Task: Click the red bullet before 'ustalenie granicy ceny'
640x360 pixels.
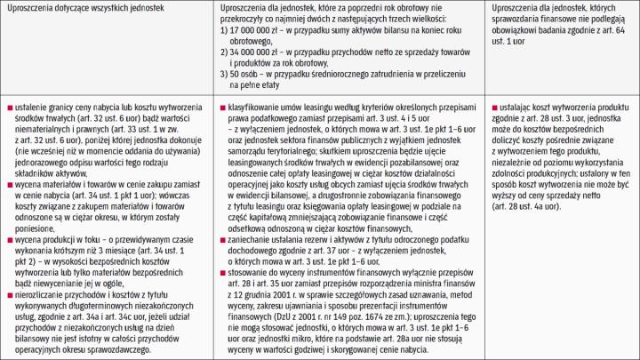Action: point(8,107)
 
